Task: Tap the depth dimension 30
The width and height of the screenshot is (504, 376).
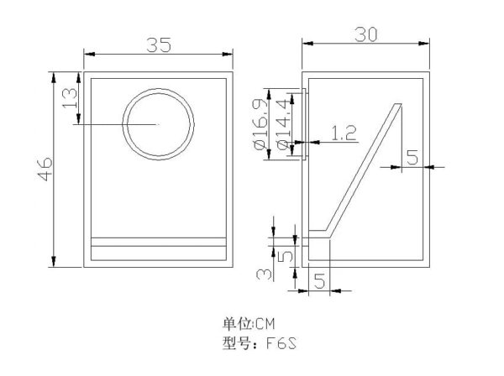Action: pyautogui.click(x=366, y=34)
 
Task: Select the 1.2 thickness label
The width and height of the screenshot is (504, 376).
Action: pyautogui.click(x=344, y=132)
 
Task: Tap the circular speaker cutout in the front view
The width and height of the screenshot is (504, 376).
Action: pyautogui.click(x=157, y=123)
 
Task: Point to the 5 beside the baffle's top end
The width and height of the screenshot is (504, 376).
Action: pyautogui.click(x=412, y=156)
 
